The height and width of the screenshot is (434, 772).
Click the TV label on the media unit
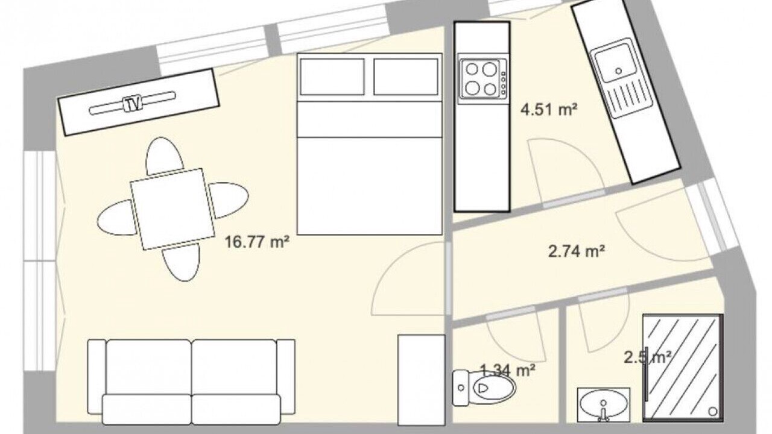[133, 103]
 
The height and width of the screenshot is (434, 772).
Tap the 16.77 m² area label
[257, 242]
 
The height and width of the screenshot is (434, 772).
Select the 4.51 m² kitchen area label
[549, 110]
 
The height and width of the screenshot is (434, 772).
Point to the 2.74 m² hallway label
[577, 251]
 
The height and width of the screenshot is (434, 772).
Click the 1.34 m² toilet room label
[508, 371]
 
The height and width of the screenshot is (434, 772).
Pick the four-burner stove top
[482, 78]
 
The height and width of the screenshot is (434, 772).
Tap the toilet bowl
[489, 388]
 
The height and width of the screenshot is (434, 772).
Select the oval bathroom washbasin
[603, 405]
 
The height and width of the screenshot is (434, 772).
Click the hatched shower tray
[683, 368]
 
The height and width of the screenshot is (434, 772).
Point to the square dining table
[172, 209]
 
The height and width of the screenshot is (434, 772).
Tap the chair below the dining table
[182, 262]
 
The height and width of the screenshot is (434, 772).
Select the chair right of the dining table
[229, 200]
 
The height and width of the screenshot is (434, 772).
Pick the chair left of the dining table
[116, 218]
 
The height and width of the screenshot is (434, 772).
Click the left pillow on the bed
[332, 77]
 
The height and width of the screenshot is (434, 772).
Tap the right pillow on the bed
[406, 77]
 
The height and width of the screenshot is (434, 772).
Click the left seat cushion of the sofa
[148, 367]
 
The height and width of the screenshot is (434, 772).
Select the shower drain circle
[712, 411]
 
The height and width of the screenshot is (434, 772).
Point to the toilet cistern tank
[460, 388]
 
